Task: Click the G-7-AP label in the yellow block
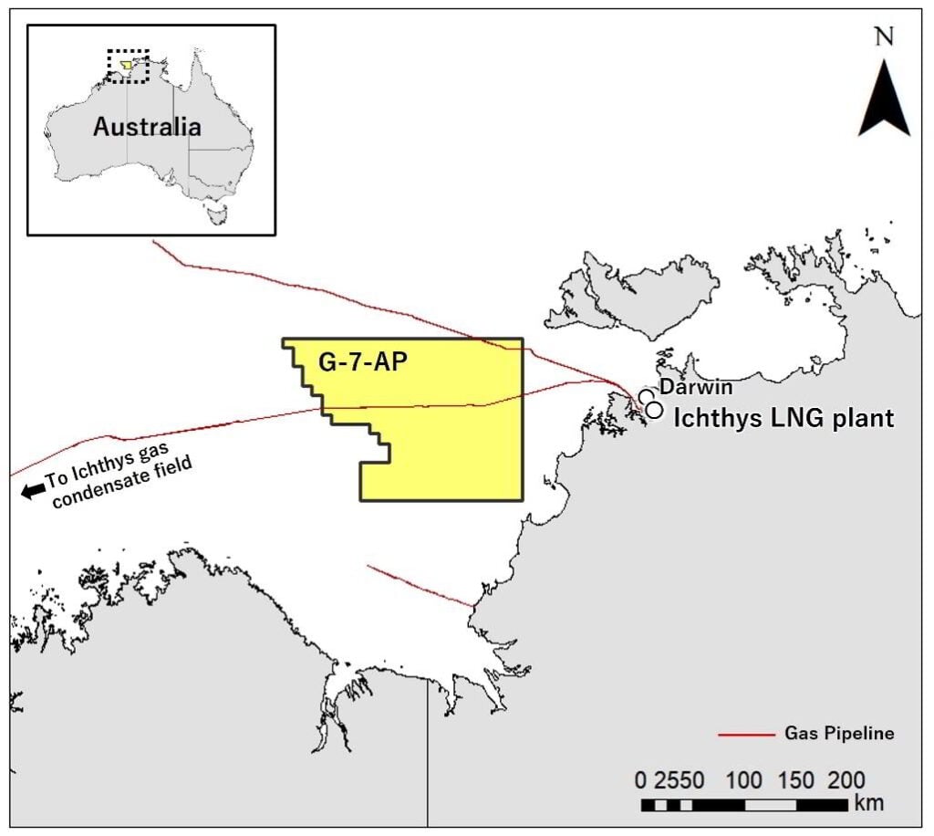coord(362,361)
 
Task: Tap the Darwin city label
coord(696,388)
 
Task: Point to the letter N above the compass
coord(883,37)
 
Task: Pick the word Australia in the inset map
coord(147,126)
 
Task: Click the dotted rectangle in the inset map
coord(128,66)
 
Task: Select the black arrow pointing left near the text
coord(33,491)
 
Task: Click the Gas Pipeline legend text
coord(838,733)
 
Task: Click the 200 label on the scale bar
coord(846,781)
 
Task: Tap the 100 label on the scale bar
coord(744,781)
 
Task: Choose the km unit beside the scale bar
coord(868,804)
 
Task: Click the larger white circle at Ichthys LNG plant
coord(654,410)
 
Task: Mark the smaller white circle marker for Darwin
coord(646,397)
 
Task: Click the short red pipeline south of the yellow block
coord(420,585)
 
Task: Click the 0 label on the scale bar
coord(641,781)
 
